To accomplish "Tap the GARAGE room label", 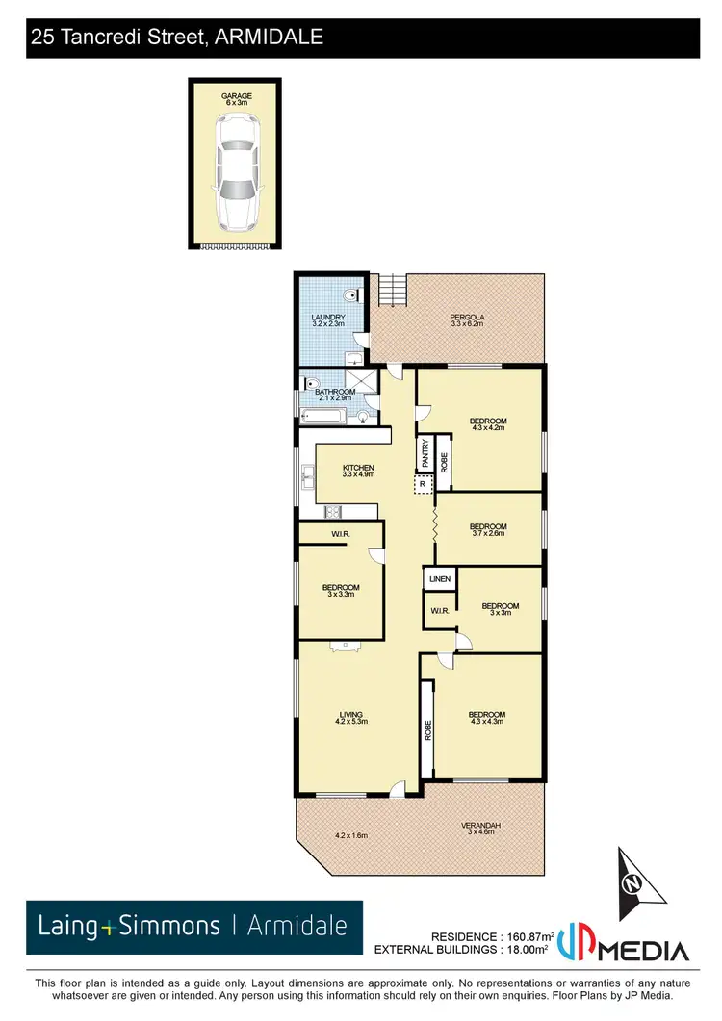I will click(237, 96).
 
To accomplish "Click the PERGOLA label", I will click(466, 318).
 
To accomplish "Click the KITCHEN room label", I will click(357, 469).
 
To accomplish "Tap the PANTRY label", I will click(425, 452).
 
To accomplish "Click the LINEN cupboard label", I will click(440, 579).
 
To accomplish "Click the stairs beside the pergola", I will click(394, 288).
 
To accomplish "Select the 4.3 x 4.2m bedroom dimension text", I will click(488, 428).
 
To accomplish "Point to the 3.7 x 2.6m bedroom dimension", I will click(488, 533).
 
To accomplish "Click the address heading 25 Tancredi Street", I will click(176, 38).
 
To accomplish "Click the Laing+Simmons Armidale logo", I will click(193, 927).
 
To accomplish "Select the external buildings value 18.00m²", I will click(526, 949).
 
